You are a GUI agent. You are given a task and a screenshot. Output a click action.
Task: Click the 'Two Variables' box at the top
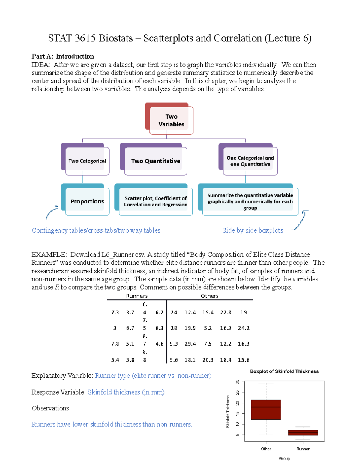point(171,120)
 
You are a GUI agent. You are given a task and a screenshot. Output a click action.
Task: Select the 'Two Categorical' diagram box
point(87,161)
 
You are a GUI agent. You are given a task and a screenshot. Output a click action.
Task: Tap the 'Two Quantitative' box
point(155,161)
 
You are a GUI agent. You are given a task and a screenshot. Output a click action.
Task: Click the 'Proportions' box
point(87,201)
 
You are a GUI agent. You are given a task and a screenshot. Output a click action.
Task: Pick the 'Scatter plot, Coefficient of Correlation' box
point(155,201)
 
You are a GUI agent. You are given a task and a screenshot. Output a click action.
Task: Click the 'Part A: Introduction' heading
point(63,56)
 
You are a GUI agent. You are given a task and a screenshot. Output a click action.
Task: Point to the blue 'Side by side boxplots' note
point(252,230)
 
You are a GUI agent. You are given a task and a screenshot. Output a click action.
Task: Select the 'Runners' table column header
point(137,296)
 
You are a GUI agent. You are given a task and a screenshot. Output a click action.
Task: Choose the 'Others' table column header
point(209,296)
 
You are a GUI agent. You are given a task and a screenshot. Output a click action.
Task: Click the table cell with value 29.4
point(190,344)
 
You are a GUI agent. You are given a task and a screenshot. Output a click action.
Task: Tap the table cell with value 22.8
point(226,312)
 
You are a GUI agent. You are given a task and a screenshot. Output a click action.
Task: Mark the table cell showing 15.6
point(243,360)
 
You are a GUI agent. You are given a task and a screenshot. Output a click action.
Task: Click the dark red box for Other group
point(266,410)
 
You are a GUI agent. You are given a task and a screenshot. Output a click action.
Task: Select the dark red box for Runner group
point(303,432)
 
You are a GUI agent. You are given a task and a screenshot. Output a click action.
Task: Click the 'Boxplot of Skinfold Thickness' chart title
point(284,371)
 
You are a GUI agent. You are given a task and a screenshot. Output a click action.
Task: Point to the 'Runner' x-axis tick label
point(303,449)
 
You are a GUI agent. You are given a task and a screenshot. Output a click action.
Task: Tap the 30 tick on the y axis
point(238,382)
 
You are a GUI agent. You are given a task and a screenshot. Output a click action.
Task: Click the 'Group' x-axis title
point(284,458)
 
